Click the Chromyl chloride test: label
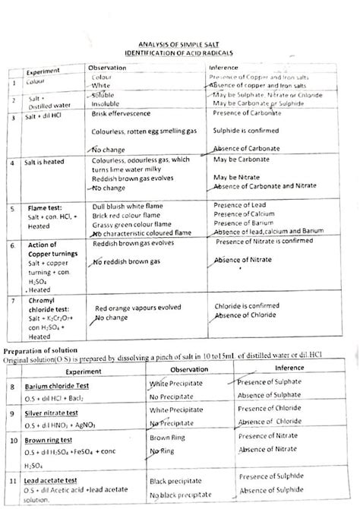click(46, 288)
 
